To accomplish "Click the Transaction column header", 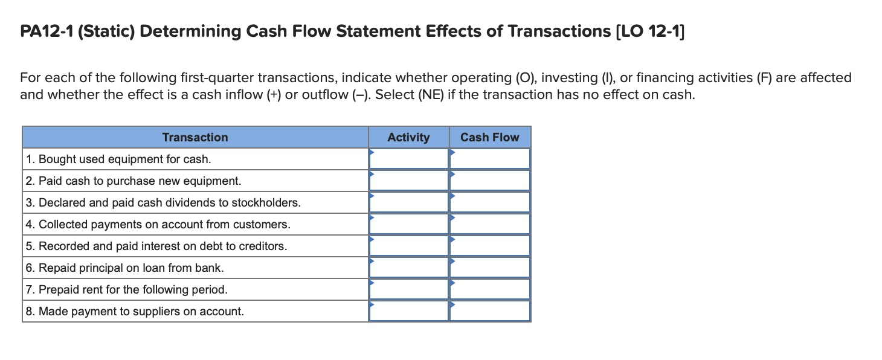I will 195,137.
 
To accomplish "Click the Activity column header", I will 408,137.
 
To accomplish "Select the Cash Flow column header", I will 489,137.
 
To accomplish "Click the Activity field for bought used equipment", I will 409,159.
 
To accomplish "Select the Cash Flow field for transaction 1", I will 490,159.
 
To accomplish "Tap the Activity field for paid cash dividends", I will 409,202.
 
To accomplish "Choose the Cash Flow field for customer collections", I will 490,224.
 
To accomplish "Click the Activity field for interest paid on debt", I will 409,246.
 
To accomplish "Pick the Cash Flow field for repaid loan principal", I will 490,268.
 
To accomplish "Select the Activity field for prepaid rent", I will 409,289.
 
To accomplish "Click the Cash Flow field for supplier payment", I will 490,311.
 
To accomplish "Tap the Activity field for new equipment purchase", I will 409,181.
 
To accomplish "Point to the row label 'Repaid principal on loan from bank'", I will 125,268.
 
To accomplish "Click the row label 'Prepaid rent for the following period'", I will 127,289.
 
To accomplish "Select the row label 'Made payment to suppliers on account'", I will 135,311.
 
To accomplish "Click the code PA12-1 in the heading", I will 45,31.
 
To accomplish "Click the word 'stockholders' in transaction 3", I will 268,202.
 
